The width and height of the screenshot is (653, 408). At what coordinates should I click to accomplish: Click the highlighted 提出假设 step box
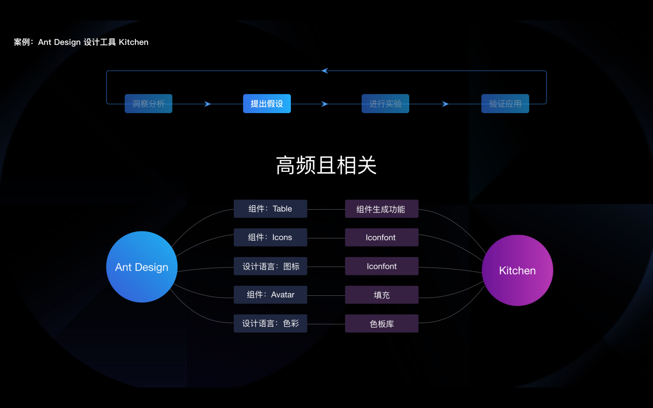[x=266, y=104]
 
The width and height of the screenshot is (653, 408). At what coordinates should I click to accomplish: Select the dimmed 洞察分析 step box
[x=148, y=104]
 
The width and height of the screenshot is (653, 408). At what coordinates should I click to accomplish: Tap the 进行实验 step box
[x=385, y=104]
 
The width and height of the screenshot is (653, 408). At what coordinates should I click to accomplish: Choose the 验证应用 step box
[x=505, y=104]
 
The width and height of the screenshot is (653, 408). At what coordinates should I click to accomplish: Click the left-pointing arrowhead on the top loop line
[x=325, y=71]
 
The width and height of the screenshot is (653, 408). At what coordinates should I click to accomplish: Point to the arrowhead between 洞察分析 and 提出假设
[x=208, y=104]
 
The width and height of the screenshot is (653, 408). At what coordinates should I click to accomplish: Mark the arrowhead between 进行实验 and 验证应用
[x=445, y=104]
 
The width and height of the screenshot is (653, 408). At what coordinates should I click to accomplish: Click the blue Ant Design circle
[x=141, y=267]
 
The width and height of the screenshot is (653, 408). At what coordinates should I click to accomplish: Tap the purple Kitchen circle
[x=517, y=270]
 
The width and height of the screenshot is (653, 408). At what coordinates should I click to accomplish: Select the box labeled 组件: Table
[x=270, y=209]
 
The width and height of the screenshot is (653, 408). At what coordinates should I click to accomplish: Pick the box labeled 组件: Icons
[x=270, y=237]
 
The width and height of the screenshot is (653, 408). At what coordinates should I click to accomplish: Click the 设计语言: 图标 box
[x=270, y=266]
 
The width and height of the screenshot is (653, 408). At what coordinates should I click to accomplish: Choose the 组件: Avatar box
[x=270, y=295]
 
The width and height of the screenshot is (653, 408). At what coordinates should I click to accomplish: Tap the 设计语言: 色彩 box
[x=270, y=324]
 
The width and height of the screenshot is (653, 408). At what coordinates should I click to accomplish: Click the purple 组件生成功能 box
[x=381, y=209]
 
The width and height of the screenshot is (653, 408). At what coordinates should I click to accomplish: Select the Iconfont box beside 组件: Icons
[x=381, y=237]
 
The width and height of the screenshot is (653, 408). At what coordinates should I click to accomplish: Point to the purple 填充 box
[x=381, y=295]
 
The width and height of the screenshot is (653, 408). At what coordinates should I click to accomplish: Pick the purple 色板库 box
[x=381, y=324]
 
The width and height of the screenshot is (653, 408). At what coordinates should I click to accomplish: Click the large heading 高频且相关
[x=326, y=165]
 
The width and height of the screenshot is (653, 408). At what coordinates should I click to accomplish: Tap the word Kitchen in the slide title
[x=133, y=42]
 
